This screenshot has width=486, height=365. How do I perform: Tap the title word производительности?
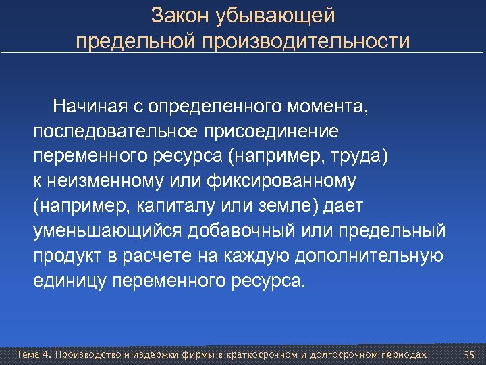pyautogui.click(x=304, y=42)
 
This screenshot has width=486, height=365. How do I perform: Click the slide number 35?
pyautogui.click(x=470, y=355)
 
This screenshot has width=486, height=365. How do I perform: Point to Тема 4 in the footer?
pyautogui.click(x=33, y=355)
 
